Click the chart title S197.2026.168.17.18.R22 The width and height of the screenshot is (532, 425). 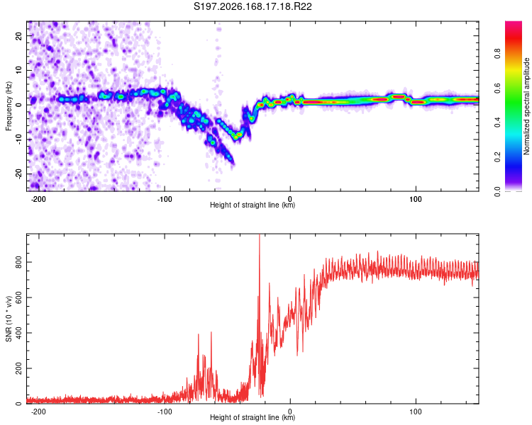pos(253,6)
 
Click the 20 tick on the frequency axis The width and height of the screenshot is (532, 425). pos(18,35)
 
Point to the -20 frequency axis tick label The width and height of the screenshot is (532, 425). pos(18,174)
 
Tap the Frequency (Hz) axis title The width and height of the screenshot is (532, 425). pos(9,106)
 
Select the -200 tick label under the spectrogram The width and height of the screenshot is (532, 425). pos(38,199)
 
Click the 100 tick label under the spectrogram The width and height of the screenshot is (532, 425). pos(415,199)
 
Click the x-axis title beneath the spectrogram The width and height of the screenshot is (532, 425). pos(253,205)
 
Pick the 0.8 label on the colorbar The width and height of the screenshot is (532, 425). pos(497,53)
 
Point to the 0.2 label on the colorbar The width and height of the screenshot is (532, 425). pos(497,157)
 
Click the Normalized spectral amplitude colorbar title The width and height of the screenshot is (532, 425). pos(526,106)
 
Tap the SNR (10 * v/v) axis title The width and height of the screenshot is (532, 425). pos(9,319)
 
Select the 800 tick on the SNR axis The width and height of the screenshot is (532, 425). pos(18,262)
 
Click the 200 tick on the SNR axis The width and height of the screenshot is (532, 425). pos(18,368)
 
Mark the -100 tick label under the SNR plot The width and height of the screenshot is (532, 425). pos(165,412)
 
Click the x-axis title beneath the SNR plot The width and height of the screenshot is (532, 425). pos(253,417)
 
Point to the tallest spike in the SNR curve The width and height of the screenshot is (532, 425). pos(260,235)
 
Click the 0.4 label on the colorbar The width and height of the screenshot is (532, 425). pos(497,122)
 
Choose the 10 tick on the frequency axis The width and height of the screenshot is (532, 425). pos(18,70)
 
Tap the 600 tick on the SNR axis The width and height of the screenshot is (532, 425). pos(18,297)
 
